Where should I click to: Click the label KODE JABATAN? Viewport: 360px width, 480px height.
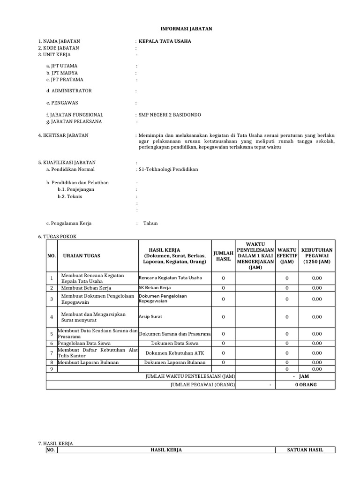point(59,48)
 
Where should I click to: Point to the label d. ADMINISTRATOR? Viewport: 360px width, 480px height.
point(69,90)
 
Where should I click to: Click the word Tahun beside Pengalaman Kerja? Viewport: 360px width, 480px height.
point(150,223)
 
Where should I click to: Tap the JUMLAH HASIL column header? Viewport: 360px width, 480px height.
point(223,255)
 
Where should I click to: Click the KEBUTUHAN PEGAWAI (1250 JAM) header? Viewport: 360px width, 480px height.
point(317,255)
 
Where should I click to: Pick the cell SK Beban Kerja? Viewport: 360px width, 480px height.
point(155,287)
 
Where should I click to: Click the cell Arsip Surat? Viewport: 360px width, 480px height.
point(150,316)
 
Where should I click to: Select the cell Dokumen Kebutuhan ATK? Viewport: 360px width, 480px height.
point(174,352)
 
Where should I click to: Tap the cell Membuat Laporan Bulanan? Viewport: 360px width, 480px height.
point(88,362)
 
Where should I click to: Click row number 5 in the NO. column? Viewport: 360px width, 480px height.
point(52,334)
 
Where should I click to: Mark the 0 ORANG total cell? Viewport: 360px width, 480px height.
point(306,385)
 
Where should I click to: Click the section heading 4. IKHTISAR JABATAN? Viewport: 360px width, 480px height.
point(63,135)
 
